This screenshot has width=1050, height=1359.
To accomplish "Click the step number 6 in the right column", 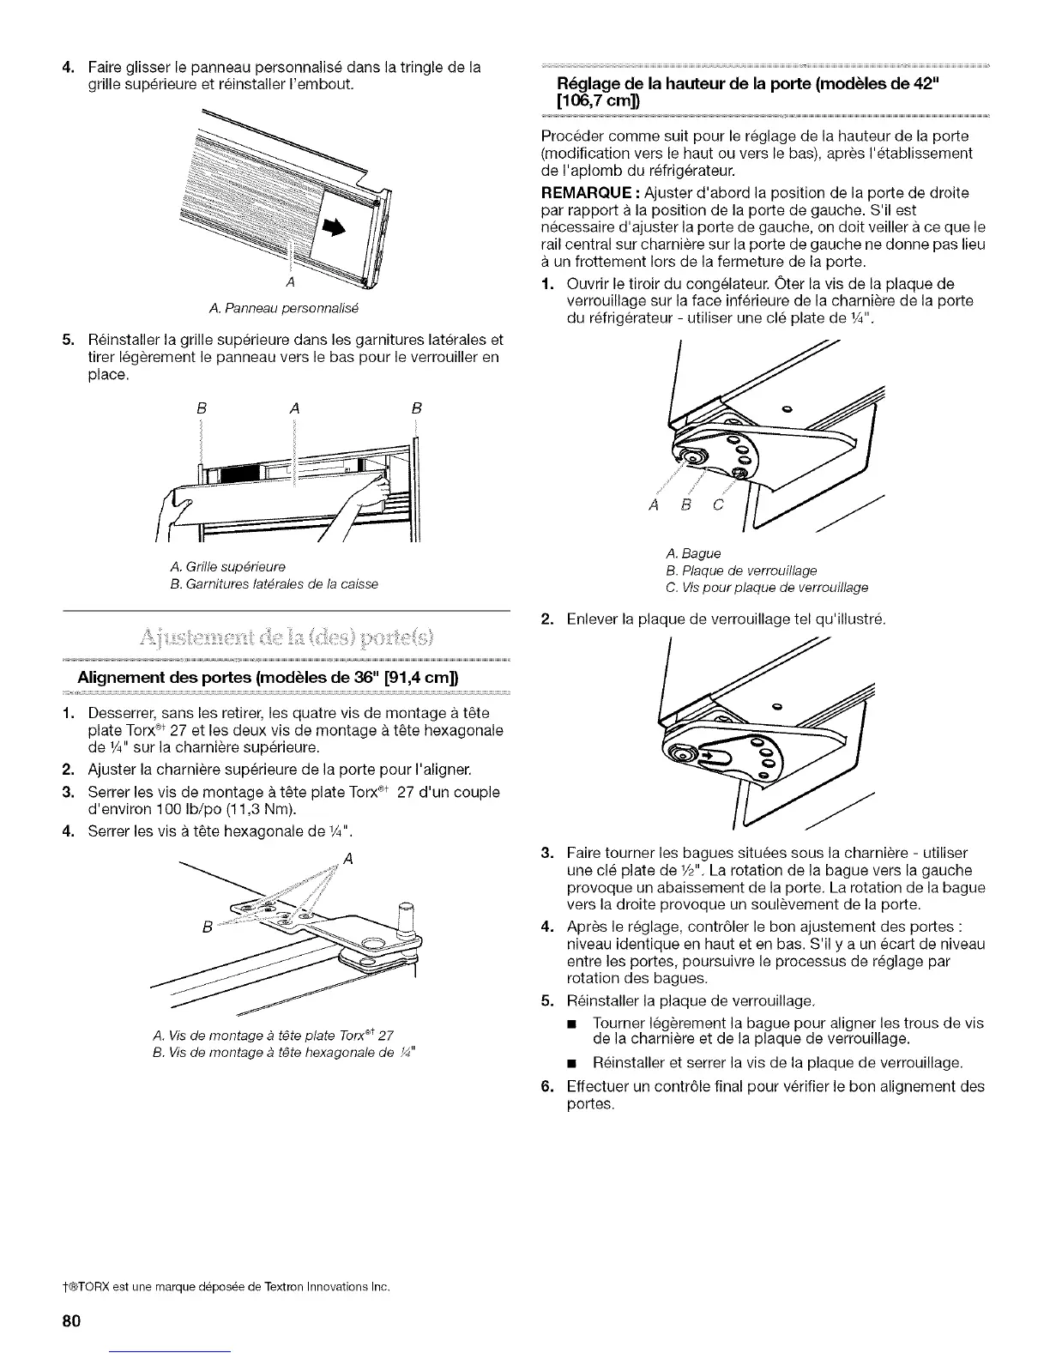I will point(546,1086).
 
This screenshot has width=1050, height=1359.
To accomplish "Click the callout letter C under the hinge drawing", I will point(719,505).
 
